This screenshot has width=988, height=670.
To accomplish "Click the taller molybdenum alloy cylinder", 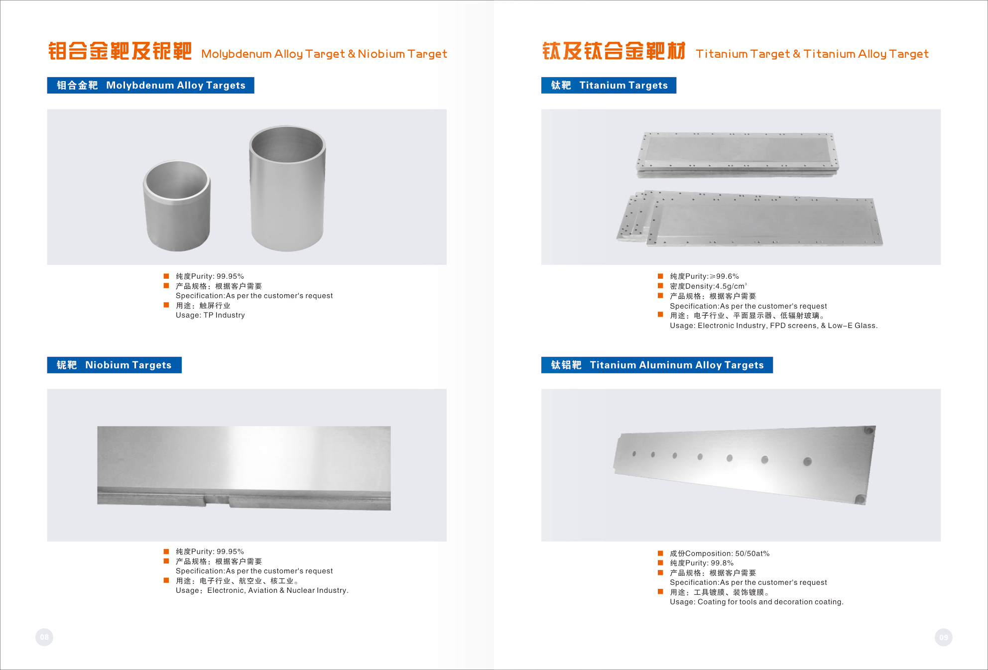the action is click(287, 188).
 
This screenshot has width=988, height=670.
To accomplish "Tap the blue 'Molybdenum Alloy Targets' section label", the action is click(150, 85).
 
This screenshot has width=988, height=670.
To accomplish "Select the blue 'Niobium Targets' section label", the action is click(114, 365).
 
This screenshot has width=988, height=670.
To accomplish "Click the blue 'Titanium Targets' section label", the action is click(609, 85).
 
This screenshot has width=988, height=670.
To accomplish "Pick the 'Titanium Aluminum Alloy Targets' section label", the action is click(657, 365).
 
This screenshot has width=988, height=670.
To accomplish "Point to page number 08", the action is click(44, 637).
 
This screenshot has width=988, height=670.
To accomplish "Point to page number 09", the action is click(944, 637).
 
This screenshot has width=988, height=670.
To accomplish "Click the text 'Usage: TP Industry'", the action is click(210, 315).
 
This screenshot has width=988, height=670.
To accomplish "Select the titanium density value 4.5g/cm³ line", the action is click(708, 286).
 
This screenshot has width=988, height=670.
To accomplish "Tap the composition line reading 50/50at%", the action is click(720, 554).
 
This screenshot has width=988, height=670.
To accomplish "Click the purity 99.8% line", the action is click(702, 563).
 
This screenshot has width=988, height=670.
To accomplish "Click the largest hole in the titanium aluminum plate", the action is click(807, 461).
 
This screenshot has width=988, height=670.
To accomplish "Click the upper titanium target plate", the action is click(737, 154).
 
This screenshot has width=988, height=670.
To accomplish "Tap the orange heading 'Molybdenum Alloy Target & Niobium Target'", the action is click(324, 54).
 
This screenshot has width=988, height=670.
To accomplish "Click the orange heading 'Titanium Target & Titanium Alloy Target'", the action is click(812, 54).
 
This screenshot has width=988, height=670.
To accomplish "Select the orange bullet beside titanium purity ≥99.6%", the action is click(660, 276).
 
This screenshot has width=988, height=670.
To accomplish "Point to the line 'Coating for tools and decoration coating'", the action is click(770, 602).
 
